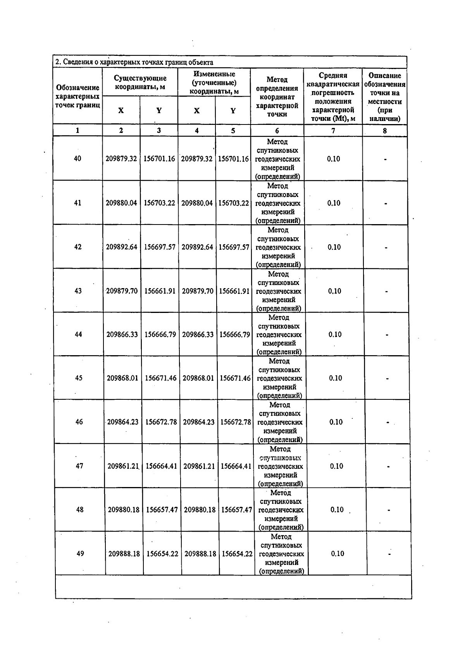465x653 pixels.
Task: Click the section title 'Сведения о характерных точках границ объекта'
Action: pos(134,62)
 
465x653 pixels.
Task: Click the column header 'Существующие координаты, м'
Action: pos(140,83)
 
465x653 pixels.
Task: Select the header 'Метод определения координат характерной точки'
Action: pos(277,97)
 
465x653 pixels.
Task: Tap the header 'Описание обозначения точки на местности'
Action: pos(384,97)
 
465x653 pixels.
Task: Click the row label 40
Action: pos(77,158)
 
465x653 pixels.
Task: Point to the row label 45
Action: pos(79,378)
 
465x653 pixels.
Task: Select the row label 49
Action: pos(80,553)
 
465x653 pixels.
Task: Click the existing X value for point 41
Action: pos(121,203)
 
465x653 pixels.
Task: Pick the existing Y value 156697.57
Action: pos(160,247)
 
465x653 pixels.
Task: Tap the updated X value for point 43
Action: pos(198,291)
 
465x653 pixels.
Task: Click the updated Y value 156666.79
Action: pos(235,334)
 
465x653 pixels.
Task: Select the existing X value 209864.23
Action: pos(123,422)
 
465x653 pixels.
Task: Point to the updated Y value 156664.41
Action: pos(236,466)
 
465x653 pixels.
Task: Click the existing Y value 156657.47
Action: pos(162,510)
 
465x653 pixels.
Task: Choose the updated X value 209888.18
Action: pos(200,554)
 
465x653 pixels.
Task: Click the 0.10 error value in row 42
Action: pos(334,247)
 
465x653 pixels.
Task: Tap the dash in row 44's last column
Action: pos(387,335)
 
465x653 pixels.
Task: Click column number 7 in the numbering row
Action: pos(333,131)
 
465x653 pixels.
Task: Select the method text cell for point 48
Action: pos(281,510)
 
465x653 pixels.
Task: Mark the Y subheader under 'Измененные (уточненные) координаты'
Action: pos(233,111)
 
